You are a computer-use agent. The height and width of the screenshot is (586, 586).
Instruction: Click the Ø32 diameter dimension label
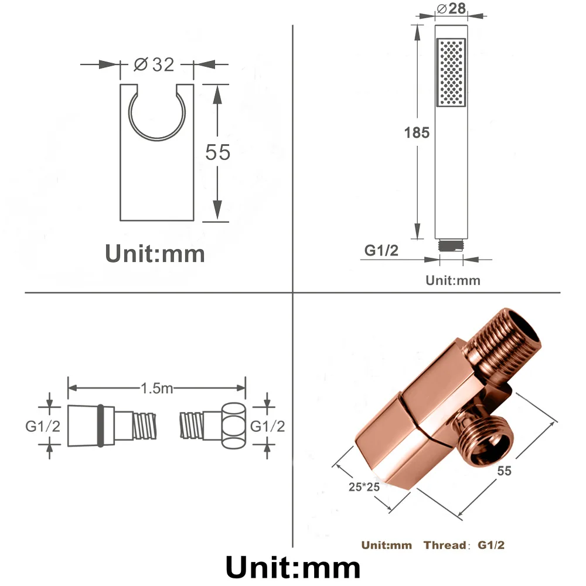(155, 64)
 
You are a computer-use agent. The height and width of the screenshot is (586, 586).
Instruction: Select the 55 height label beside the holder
(217, 152)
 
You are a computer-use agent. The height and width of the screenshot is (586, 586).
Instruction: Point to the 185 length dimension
(417, 132)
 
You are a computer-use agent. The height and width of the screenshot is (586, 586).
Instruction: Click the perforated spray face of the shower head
(451, 73)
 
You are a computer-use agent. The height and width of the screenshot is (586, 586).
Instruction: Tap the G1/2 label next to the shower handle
(381, 250)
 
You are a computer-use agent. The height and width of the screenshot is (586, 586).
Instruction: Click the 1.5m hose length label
(156, 388)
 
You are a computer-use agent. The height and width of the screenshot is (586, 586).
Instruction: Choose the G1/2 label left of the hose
(43, 426)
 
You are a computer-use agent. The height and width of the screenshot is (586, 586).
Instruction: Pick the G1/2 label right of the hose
(268, 426)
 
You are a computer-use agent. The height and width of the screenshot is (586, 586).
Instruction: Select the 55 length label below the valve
(503, 471)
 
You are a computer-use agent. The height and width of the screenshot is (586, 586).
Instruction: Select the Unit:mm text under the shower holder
(155, 254)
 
